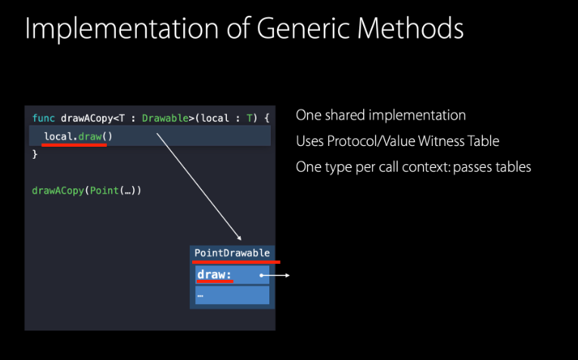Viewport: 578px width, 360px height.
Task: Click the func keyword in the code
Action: coord(44,119)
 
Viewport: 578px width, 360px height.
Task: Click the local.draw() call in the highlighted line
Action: coord(73,136)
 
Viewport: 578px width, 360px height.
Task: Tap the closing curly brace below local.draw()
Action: coord(35,154)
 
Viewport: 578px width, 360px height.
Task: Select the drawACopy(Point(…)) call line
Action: coord(86,191)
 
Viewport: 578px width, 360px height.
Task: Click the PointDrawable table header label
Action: coord(232,253)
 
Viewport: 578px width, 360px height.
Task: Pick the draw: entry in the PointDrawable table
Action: coord(214,275)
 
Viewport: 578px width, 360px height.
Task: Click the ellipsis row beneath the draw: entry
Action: coord(232,295)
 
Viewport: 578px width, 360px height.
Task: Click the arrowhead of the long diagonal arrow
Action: coord(238,238)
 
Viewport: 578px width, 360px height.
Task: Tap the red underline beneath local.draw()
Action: coord(74,145)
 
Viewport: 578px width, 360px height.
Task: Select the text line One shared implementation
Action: coord(381,116)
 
